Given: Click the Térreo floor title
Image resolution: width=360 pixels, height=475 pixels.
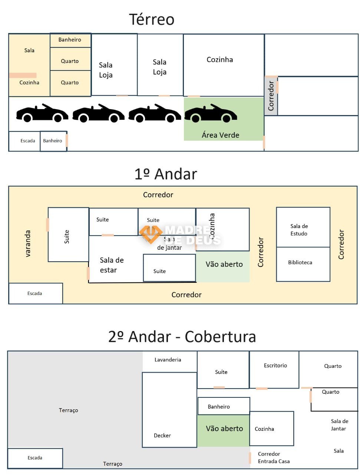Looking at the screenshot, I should (152, 19).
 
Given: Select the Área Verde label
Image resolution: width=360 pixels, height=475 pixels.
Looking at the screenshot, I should (220, 135).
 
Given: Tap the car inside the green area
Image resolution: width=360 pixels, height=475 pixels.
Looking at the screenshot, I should (211, 114).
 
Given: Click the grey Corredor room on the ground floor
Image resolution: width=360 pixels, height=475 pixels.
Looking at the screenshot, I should (271, 96).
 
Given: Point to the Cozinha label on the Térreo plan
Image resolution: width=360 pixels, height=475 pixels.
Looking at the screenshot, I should (220, 59).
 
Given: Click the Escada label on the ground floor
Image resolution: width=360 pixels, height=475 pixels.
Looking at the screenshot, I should (28, 141).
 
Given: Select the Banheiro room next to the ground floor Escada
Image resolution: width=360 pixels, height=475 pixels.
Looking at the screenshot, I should (53, 141).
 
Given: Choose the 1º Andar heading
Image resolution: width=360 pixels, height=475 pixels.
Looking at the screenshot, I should (165, 174).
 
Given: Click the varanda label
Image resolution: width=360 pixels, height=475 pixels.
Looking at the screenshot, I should (27, 243).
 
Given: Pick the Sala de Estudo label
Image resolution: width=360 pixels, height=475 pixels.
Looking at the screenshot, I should (299, 230).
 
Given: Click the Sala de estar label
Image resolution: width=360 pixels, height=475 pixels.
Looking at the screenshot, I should (112, 265).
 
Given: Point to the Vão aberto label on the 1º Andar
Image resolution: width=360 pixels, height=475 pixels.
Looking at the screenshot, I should (224, 264).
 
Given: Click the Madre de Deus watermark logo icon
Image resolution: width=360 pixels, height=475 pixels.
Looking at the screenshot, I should (150, 233).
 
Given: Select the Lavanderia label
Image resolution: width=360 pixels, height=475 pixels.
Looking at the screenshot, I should (168, 360).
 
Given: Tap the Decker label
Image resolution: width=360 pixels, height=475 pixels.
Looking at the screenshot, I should (162, 435).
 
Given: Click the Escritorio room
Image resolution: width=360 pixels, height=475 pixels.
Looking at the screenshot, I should (275, 370).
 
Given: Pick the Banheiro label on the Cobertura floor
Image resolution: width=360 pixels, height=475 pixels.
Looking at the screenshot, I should (219, 407).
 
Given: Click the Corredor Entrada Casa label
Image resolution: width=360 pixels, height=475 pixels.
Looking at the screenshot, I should (274, 458).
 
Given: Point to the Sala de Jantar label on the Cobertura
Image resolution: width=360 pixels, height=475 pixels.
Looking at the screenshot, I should (339, 425).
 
